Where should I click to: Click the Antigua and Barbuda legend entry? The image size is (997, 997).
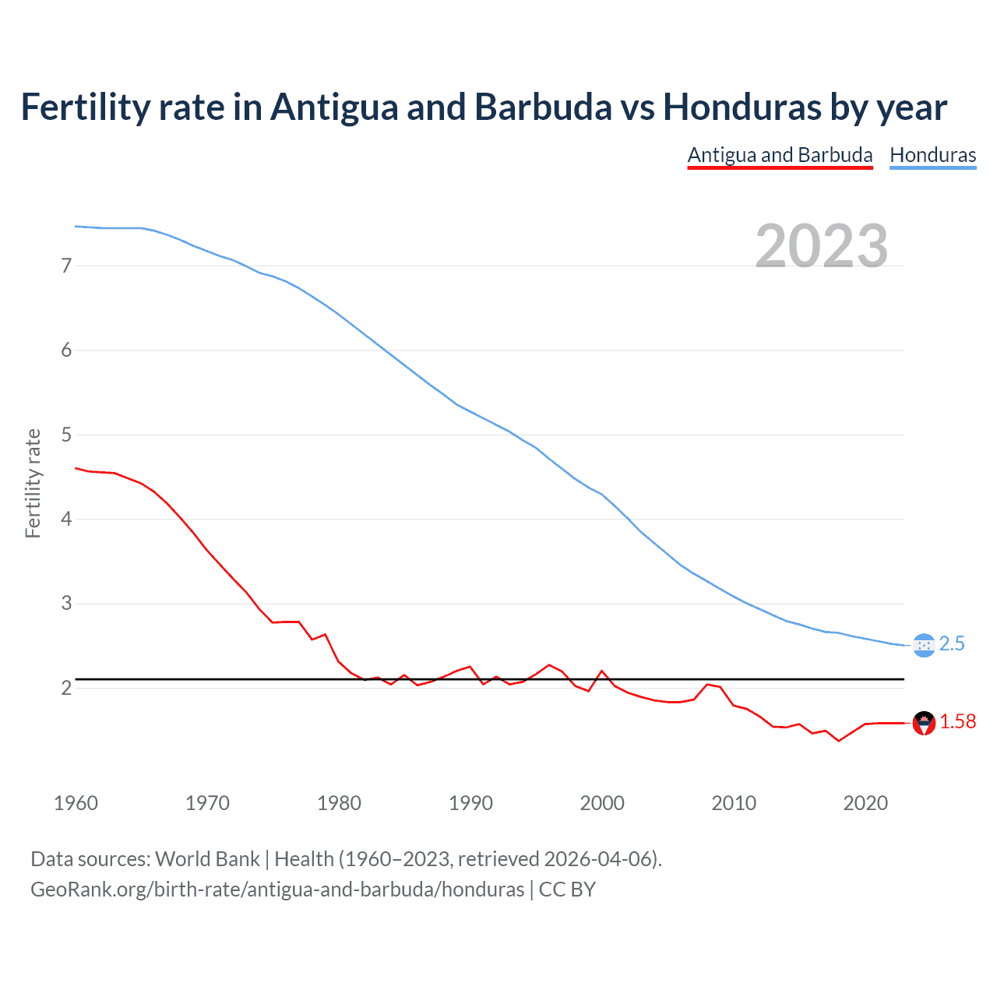click(x=780, y=155)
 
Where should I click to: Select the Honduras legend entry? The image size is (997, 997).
click(x=932, y=155)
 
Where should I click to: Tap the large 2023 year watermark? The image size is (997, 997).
click(x=822, y=246)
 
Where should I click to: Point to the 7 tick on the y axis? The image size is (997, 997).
click(x=66, y=266)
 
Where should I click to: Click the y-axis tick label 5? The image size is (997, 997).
click(x=66, y=435)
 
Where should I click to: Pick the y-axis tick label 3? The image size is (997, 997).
click(x=66, y=604)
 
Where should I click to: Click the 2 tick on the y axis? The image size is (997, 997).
click(x=66, y=688)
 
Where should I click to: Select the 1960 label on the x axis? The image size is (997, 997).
click(x=76, y=803)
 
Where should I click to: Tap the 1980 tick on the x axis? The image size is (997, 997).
click(x=339, y=803)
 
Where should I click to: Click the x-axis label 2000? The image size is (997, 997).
click(x=602, y=803)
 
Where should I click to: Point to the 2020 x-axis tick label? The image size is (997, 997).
click(x=865, y=803)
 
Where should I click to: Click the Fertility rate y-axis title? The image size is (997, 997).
click(x=33, y=483)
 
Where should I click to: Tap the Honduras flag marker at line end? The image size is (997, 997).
click(x=923, y=645)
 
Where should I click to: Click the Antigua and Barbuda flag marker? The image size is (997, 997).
click(x=923, y=723)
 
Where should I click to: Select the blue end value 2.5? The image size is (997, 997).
click(x=952, y=644)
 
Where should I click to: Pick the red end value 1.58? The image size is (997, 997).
click(x=957, y=722)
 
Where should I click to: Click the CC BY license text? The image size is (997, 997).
click(x=567, y=890)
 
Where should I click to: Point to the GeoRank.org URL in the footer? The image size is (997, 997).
click(x=277, y=890)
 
